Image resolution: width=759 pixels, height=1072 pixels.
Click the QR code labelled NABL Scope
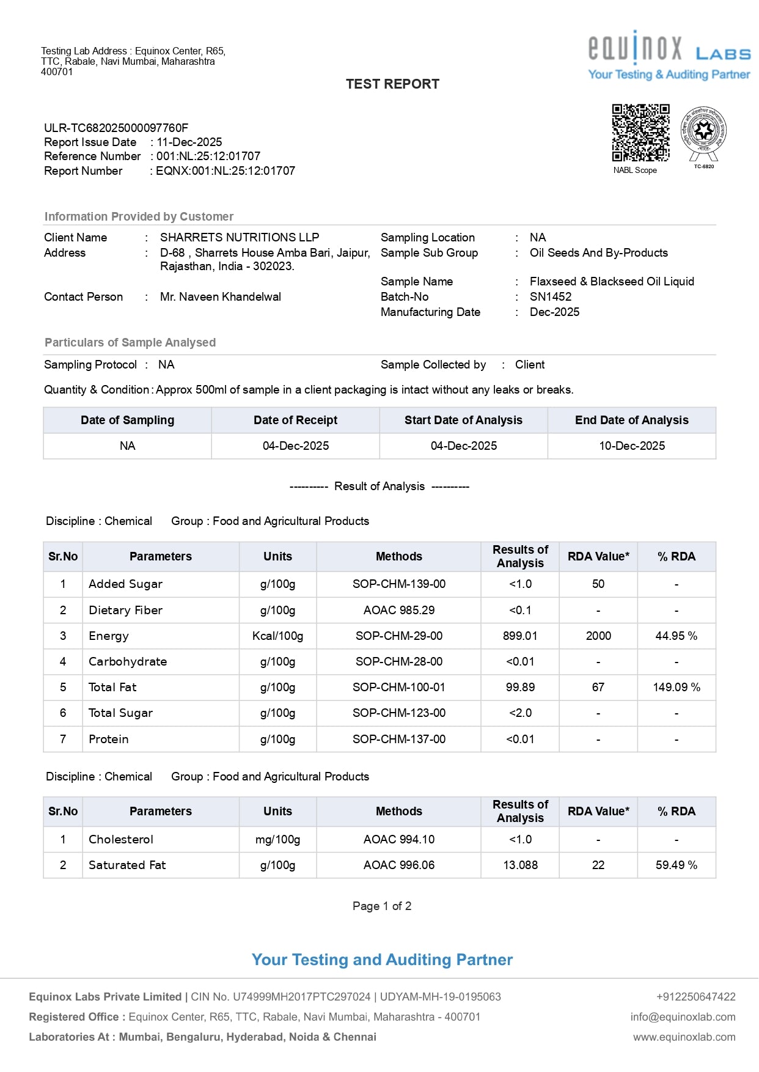pos(640,133)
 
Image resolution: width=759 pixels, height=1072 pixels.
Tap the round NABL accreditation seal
pos(703,131)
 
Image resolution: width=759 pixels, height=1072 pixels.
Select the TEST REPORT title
pos(392,84)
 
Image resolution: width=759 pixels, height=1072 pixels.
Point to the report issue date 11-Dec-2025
pos(189,142)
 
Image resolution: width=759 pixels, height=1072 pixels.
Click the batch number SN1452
pos(550,297)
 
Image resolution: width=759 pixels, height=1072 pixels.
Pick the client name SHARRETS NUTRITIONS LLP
pos(239,238)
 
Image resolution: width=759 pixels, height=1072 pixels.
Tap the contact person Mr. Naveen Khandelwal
pos(220,297)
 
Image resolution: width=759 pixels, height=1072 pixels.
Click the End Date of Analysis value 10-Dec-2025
pos(631,446)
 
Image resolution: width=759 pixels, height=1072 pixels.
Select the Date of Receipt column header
pos(295,420)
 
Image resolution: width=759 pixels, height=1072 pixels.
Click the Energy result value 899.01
pos(520,636)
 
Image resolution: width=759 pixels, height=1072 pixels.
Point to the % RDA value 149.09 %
pos(676,688)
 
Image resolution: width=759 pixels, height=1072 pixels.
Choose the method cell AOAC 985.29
pos(398,611)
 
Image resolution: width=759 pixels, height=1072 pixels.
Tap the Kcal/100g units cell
pos(277,636)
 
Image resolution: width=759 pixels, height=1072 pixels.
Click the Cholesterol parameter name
pos(121,840)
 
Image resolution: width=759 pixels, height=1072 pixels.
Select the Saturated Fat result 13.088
pos(520,865)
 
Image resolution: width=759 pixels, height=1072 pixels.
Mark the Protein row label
pos(109,740)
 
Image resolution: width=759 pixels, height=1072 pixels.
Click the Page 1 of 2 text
pos(382,906)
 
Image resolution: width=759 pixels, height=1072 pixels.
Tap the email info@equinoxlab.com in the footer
pos(683,1017)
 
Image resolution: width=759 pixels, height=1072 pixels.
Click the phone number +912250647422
pos(695,997)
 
